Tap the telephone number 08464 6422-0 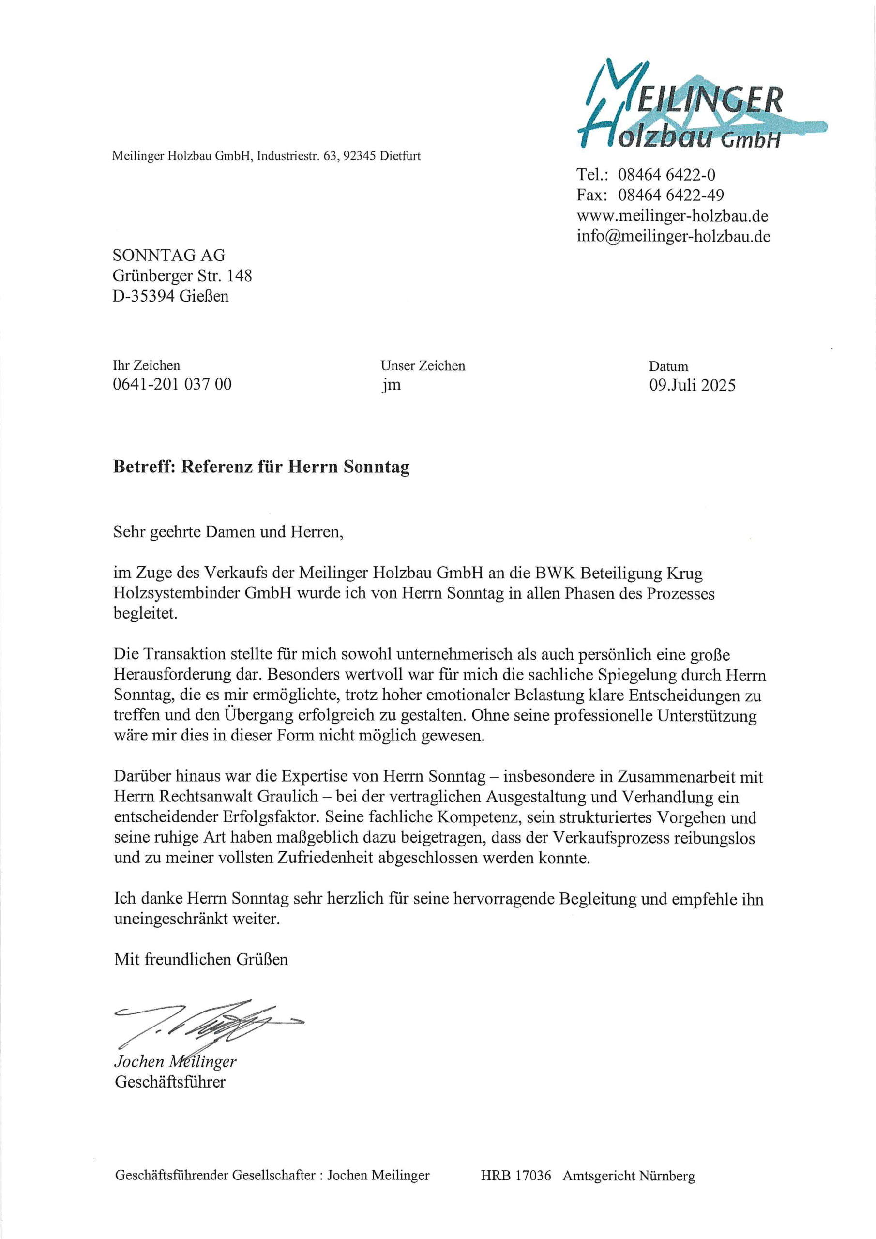[x=666, y=175]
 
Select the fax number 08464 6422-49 [x=671, y=195]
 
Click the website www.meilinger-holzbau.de [x=672, y=216]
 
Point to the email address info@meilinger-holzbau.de [x=673, y=236]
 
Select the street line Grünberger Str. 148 [x=182, y=276]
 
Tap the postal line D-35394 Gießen [x=170, y=296]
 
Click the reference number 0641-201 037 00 [x=172, y=384]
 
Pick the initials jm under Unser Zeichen [x=392, y=385]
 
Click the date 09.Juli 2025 [x=692, y=385]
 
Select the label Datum [x=668, y=366]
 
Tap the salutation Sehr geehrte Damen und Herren [x=228, y=532]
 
